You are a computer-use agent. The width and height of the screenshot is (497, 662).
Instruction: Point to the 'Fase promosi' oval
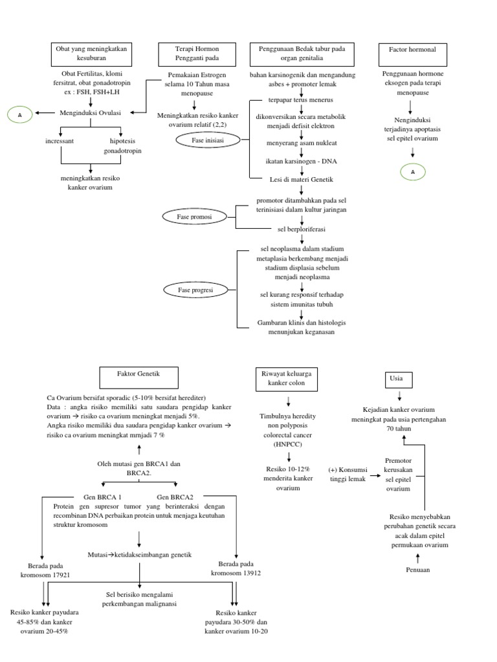[196, 217]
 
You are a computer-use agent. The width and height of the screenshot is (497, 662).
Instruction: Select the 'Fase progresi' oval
[196, 290]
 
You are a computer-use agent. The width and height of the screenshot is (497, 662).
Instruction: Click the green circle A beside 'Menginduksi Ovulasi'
[19, 114]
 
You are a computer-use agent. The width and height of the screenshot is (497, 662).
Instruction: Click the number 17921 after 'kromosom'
[57, 574]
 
